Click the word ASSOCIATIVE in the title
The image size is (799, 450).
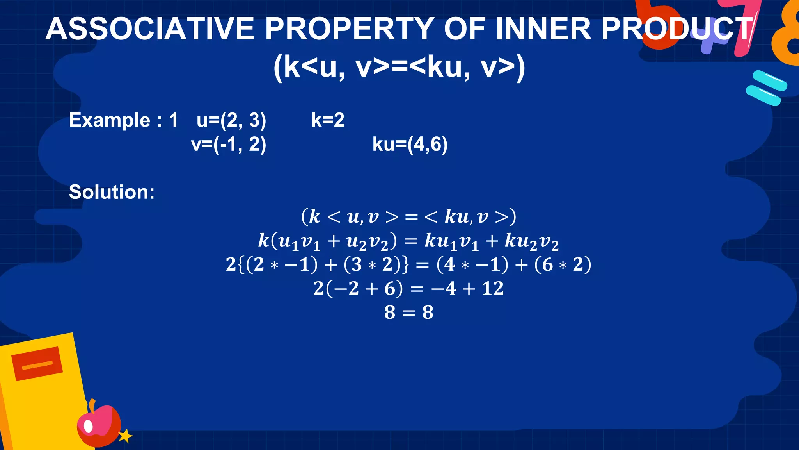click(150, 29)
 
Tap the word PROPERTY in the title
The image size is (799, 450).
click(350, 29)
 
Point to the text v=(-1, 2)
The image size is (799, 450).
click(229, 145)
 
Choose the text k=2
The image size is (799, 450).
click(328, 120)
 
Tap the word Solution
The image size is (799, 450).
click(112, 192)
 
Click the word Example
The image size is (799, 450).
click(110, 120)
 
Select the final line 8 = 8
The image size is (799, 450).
click(408, 312)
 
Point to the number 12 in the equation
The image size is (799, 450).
click(493, 289)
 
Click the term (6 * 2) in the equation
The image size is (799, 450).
click(563, 264)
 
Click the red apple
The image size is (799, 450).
click(99, 426)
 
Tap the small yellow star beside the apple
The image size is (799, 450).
click(125, 436)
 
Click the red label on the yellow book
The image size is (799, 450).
click(37, 363)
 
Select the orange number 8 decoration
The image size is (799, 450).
click(786, 35)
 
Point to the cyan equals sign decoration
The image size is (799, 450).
click(766, 88)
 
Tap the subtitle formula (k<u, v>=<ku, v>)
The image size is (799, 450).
click(399, 67)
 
